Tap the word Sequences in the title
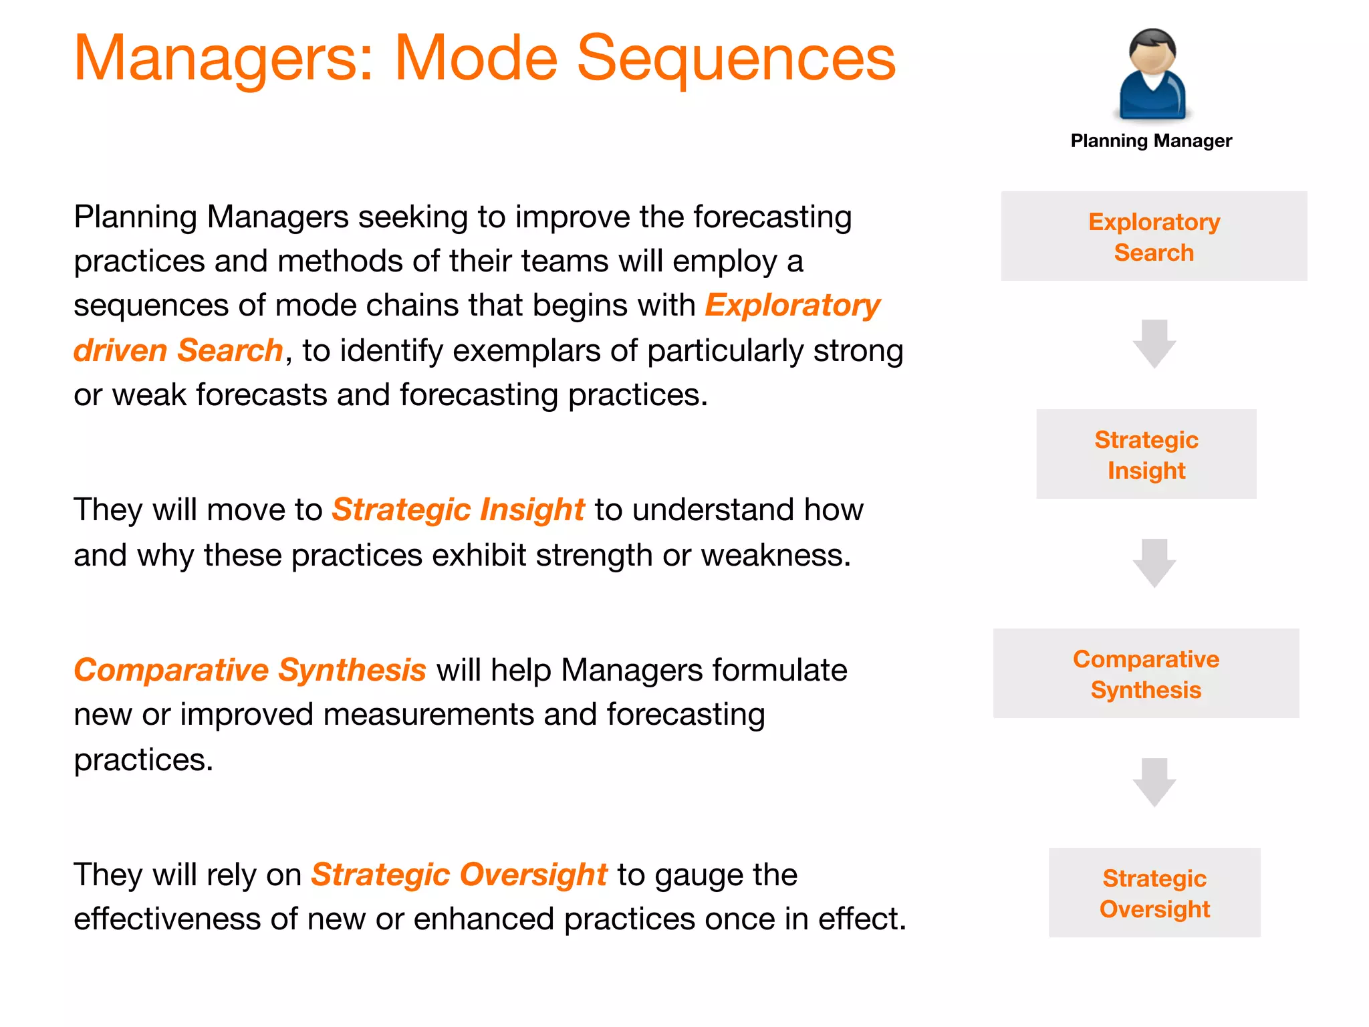tap(735, 59)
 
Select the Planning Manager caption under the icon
tap(1151, 141)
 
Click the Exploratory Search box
tap(1154, 237)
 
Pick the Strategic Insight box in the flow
tap(1146, 455)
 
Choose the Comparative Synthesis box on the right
tap(1146, 674)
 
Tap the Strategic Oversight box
tap(1154, 893)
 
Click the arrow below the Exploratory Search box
tap(1154, 344)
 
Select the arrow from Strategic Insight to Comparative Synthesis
tap(1154, 563)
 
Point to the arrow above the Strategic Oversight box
tap(1154, 782)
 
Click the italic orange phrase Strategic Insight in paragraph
tap(459, 510)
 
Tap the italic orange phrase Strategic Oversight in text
tap(459, 875)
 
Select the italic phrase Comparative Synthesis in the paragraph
tap(250, 671)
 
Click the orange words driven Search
tap(178, 351)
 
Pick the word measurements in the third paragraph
tap(428, 715)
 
